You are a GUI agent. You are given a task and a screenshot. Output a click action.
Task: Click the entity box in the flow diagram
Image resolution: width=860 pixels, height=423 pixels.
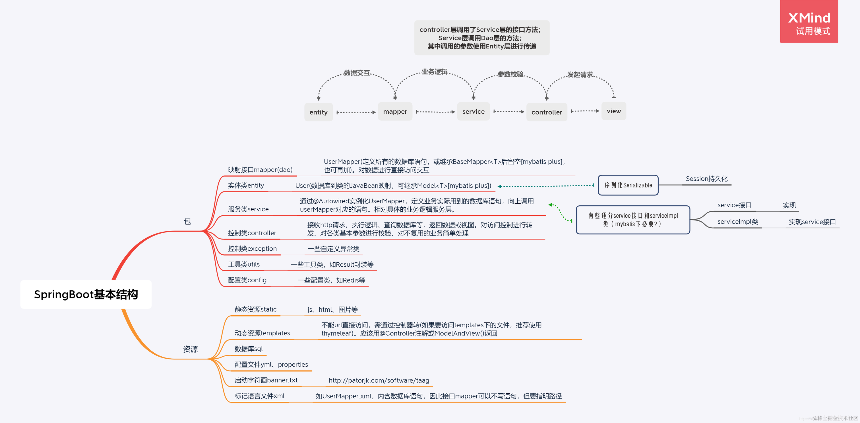click(318, 112)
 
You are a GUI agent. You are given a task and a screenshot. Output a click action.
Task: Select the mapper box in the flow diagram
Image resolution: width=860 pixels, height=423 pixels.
click(395, 111)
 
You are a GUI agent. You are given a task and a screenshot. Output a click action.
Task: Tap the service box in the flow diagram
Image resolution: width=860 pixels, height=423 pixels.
click(473, 111)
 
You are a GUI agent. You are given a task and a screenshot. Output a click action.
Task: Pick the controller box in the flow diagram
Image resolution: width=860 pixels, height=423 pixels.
click(547, 112)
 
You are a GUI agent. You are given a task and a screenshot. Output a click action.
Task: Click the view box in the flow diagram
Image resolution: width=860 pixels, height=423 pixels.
click(614, 111)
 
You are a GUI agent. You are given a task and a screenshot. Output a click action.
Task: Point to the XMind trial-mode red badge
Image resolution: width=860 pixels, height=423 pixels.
click(809, 22)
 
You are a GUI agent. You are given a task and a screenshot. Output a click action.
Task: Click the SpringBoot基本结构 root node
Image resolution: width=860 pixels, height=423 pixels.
click(86, 294)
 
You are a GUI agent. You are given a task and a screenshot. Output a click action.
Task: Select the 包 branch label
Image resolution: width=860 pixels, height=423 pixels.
click(187, 221)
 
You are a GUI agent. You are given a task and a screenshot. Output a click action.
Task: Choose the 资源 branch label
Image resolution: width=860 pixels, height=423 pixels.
click(190, 349)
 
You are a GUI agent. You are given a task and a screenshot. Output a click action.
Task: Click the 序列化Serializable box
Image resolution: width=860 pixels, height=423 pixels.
click(628, 185)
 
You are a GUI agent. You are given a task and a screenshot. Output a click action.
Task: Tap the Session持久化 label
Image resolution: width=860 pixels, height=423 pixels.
click(706, 179)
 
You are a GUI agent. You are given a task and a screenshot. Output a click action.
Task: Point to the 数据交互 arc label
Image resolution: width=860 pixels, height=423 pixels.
click(357, 73)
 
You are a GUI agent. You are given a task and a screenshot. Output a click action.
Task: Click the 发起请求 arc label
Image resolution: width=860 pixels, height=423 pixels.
click(580, 74)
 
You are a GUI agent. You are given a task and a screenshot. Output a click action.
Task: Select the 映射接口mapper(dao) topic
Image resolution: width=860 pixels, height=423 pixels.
click(260, 169)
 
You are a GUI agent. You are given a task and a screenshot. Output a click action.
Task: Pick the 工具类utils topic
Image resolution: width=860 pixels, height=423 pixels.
click(244, 264)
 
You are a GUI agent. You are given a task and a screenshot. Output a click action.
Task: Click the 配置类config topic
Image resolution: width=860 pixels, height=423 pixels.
click(247, 280)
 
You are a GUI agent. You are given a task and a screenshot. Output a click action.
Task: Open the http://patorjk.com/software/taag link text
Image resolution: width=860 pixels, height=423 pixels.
click(379, 380)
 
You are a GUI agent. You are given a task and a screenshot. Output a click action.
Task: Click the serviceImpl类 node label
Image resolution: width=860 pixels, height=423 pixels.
click(737, 222)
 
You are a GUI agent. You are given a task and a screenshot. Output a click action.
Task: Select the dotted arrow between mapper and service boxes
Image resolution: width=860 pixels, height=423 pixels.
click(435, 112)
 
